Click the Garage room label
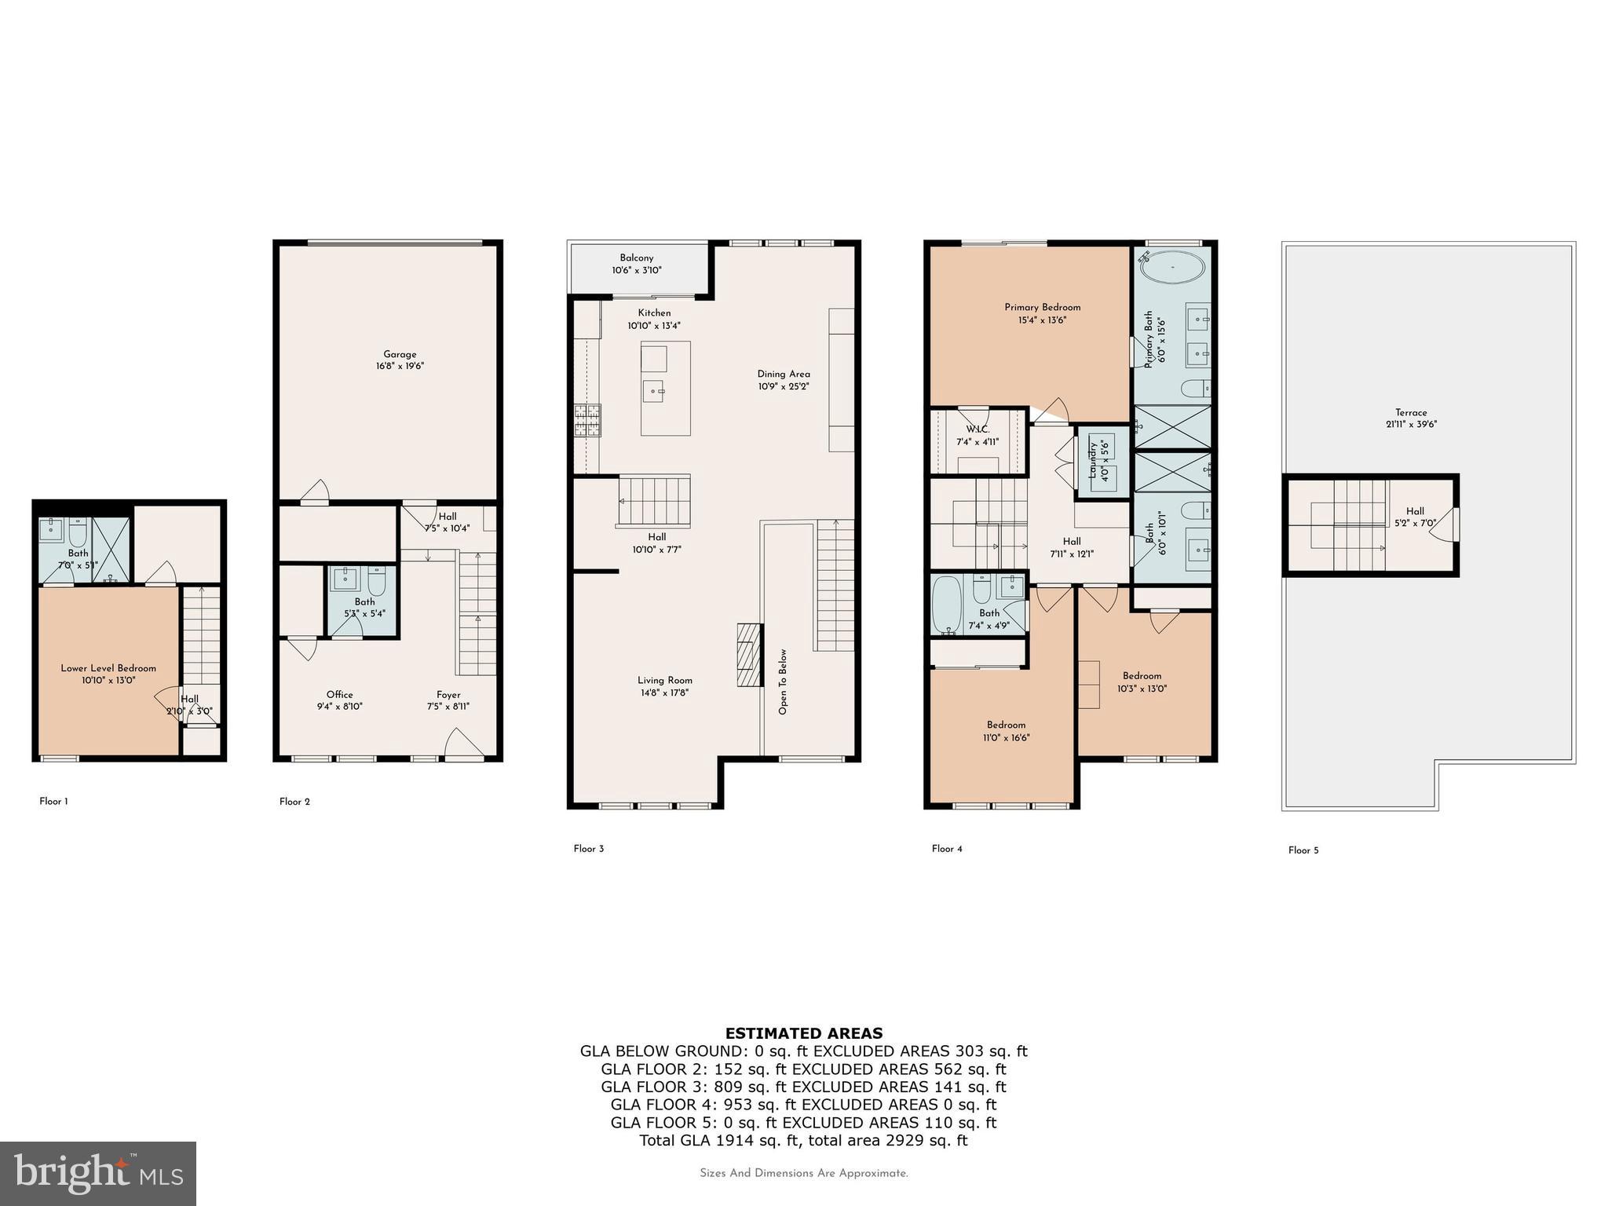400,354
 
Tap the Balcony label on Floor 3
636,258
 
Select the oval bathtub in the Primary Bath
1172,268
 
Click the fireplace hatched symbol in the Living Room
750,655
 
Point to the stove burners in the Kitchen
587,420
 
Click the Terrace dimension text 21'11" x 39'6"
1411,425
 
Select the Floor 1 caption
53,802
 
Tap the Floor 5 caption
1303,850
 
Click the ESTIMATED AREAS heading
803,1033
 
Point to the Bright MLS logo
97,1173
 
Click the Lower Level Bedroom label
108,668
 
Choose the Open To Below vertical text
783,682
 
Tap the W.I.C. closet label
978,429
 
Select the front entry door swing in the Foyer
463,744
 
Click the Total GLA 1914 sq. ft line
803,1141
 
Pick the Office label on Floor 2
340,695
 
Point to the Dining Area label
783,375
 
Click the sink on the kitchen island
653,390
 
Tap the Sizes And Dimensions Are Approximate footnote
803,1174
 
